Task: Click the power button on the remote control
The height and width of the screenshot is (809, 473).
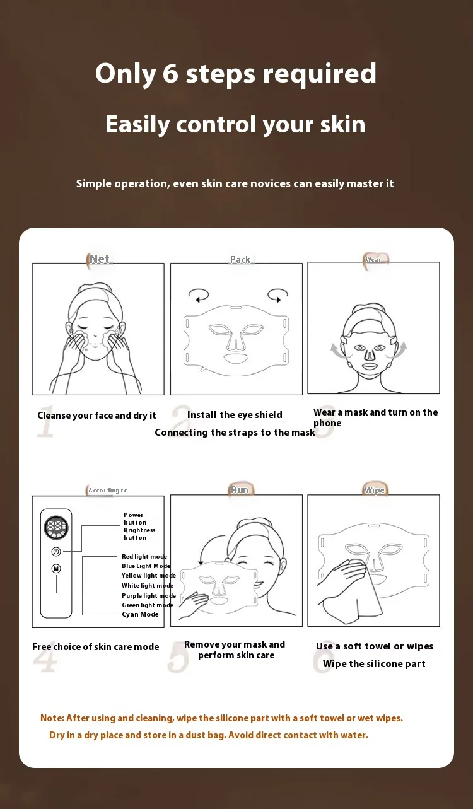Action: coord(56,552)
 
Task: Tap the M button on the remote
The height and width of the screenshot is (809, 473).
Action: coord(56,569)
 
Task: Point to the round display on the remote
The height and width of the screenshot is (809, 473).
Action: coord(56,527)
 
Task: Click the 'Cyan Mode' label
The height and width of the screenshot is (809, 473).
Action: coord(140,614)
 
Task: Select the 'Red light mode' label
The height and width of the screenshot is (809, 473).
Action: coord(144,557)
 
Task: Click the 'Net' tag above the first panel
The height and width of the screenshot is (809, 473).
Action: coord(100,259)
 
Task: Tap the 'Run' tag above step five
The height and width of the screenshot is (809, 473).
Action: coord(240,490)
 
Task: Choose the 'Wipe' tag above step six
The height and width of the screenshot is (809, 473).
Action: coord(375,490)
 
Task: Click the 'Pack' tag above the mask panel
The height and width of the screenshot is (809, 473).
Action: coord(240,259)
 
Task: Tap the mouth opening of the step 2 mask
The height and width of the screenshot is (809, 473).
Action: coord(236,359)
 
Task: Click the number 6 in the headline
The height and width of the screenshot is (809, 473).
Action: coord(170,73)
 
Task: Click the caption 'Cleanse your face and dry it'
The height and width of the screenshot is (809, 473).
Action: coord(96,416)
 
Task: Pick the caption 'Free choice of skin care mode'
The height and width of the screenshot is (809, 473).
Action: coord(95,646)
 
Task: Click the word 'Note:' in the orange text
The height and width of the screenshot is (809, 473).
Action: coord(52,718)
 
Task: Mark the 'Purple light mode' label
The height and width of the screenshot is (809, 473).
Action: coord(148,595)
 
